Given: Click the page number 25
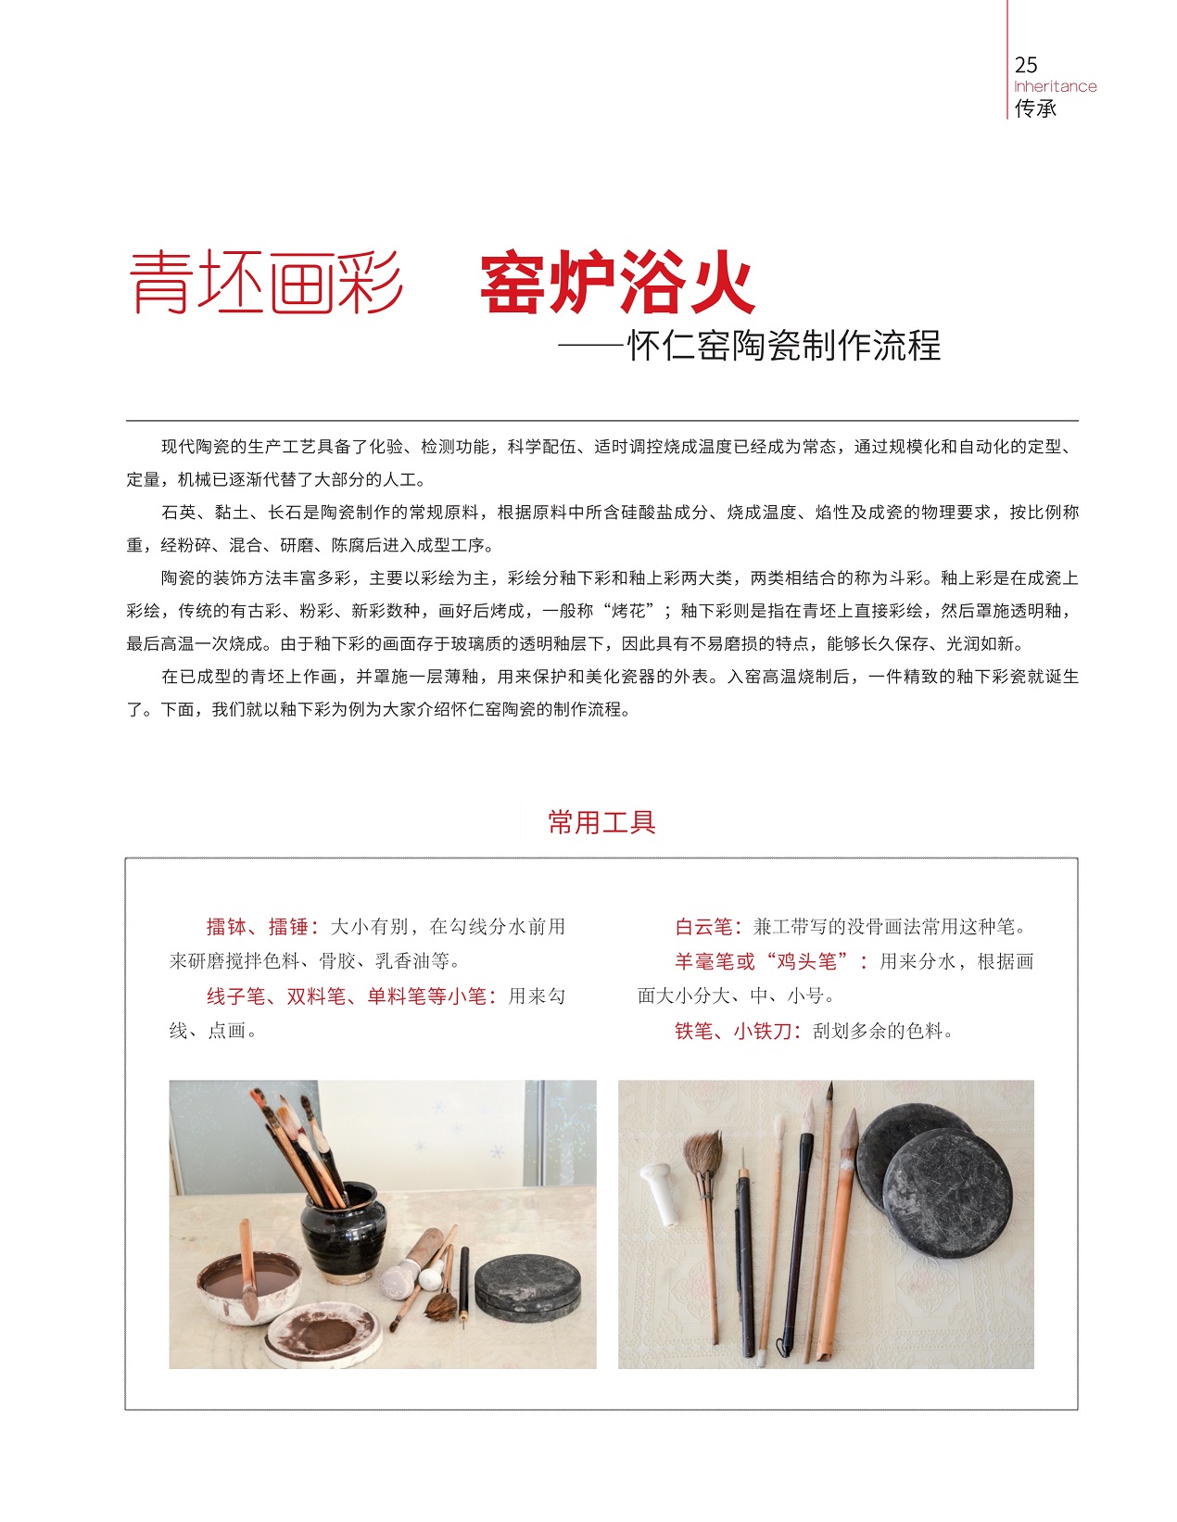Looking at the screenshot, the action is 1025,65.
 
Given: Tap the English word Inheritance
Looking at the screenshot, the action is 1056,87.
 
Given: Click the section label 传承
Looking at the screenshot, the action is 1035,108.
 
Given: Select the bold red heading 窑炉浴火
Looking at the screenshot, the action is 617,283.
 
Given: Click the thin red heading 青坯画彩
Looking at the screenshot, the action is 266,283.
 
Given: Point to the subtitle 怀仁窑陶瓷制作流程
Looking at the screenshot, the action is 783,346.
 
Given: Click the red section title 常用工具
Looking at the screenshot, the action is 601,822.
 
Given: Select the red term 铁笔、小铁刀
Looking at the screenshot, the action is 733,1031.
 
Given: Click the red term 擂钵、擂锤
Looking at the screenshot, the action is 257,927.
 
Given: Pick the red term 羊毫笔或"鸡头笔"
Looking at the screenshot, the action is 766,961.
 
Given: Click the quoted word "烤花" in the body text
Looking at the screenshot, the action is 628,611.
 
